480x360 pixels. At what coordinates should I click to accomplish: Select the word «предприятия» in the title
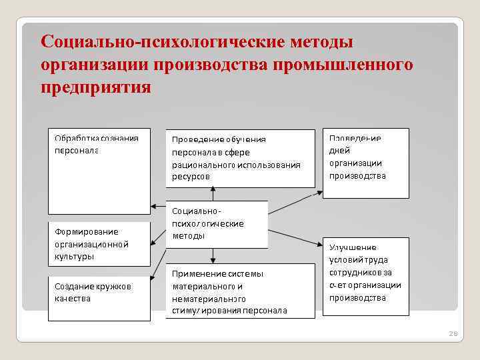[96, 87]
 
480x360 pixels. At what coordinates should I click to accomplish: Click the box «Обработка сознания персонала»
[99, 170]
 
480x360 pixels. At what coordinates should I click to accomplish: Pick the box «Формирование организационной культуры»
[99, 243]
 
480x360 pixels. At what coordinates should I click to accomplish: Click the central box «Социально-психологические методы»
[216, 224]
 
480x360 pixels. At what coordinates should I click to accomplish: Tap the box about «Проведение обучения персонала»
[240, 158]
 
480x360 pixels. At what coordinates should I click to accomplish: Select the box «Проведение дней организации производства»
[366, 162]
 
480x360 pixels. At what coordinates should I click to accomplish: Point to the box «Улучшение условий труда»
[366, 277]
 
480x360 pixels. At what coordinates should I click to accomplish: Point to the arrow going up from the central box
[213, 193]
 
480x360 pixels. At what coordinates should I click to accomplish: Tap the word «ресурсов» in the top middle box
[191, 177]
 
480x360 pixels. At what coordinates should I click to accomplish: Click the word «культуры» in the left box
[75, 256]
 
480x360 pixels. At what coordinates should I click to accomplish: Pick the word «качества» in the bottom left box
[73, 299]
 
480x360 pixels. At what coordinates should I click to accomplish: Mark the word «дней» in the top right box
[339, 151]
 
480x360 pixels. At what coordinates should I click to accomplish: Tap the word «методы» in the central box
[189, 236]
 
